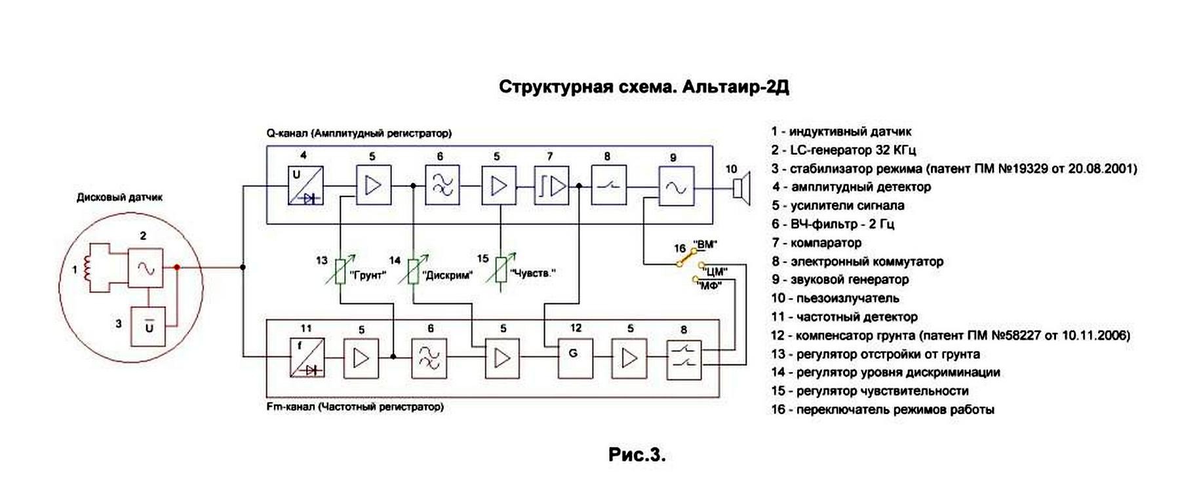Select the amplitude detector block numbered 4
[x=305, y=186]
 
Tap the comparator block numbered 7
[x=551, y=186]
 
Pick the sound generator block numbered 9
[x=676, y=187]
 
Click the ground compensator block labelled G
[x=575, y=358]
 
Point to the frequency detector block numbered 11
[x=307, y=358]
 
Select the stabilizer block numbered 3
[x=149, y=326]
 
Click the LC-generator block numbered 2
[x=146, y=267]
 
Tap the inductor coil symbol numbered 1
[x=87, y=269]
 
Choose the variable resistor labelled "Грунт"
[x=340, y=271]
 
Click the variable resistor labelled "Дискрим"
[x=413, y=271]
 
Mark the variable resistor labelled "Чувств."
[x=501, y=269]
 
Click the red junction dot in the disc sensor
[x=176, y=267]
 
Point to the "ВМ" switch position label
[x=705, y=245]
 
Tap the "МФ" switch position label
[x=710, y=286]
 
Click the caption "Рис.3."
[x=637, y=455]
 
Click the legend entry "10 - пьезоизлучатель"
[x=835, y=298]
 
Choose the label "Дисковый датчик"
[x=119, y=197]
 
